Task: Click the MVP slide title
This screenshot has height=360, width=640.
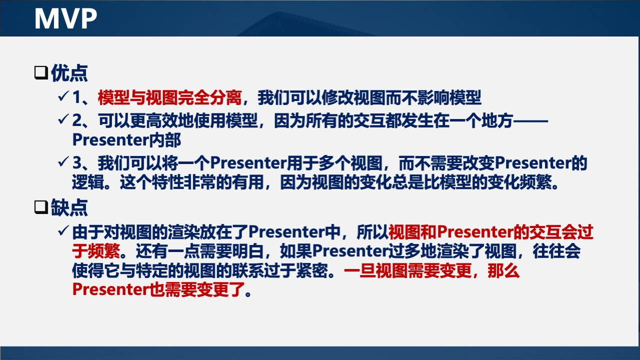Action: click(65, 18)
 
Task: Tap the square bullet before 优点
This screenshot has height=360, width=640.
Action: click(40, 73)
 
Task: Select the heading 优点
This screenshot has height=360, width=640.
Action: click(69, 73)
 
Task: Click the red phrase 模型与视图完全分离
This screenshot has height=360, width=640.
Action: click(170, 97)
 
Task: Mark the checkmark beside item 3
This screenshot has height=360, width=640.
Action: click(63, 162)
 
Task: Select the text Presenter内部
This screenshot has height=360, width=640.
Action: click(126, 140)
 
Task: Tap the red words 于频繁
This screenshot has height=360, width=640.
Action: click(96, 250)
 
